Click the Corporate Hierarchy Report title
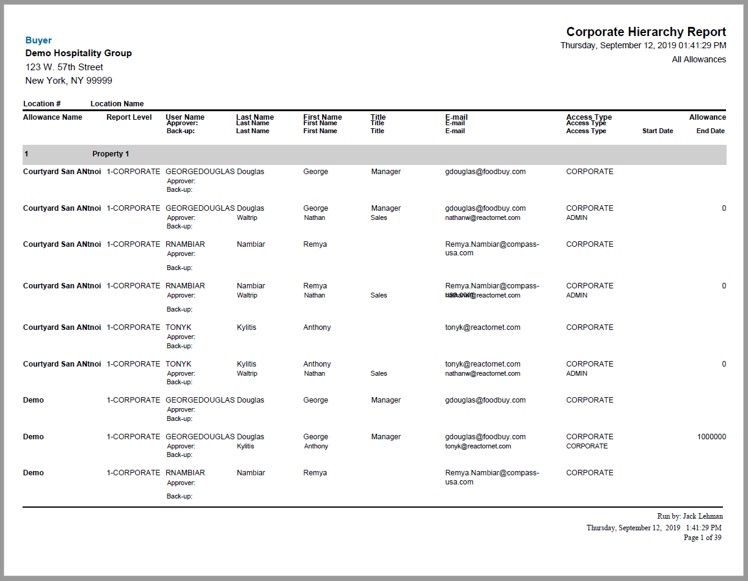(646, 32)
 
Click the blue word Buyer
(38, 40)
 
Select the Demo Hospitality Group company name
(78, 53)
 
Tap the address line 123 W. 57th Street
(64, 67)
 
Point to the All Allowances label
(698, 59)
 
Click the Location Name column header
(117, 104)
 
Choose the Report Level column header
(129, 117)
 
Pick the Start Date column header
(658, 131)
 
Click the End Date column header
(710, 131)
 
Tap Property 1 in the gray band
(111, 154)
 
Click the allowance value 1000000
(711, 437)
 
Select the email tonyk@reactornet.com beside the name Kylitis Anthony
(482, 327)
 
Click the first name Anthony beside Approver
(316, 446)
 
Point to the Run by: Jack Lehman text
(690, 516)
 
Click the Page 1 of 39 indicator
(702, 538)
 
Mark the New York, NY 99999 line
(68, 81)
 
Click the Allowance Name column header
(53, 117)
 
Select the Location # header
(42, 104)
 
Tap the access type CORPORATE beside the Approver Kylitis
(587, 446)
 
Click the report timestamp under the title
(643, 45)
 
